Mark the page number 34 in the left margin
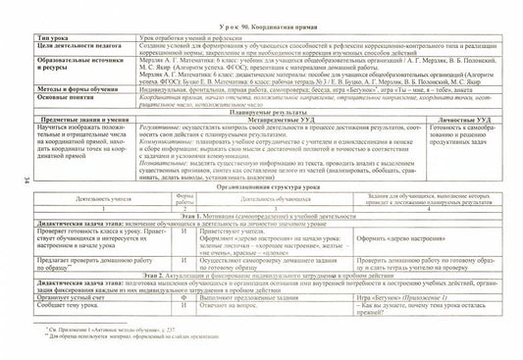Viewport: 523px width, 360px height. click(x=19, y=179)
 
